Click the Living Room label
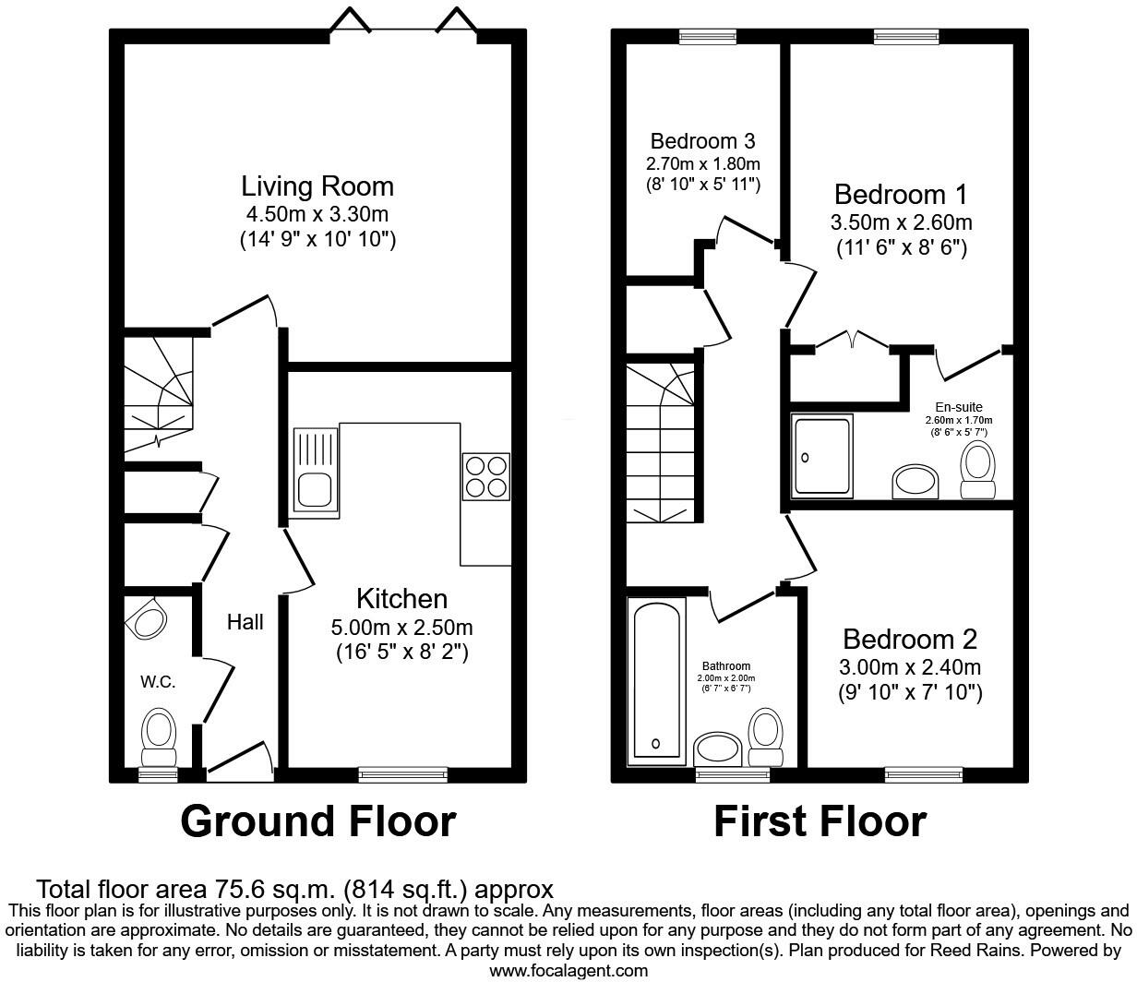(x=317, y=186)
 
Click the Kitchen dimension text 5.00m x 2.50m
(x=401, y=628)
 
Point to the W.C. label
(x=158, y=682)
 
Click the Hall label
(x=245, y=622)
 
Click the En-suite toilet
(x=977, y=469)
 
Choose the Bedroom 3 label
(x=702, y=141)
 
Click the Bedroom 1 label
(x=901, y=195)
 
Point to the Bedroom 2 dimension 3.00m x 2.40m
(x=909, y=666)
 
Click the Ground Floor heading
(x=318, y=820)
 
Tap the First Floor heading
(x=820, y=820)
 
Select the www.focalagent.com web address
(x=568, y=970)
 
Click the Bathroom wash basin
(x=717, y=748)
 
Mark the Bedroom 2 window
(x=923, y=773)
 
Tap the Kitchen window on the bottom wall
(x=402, y=773)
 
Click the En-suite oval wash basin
(x=916, y=482)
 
